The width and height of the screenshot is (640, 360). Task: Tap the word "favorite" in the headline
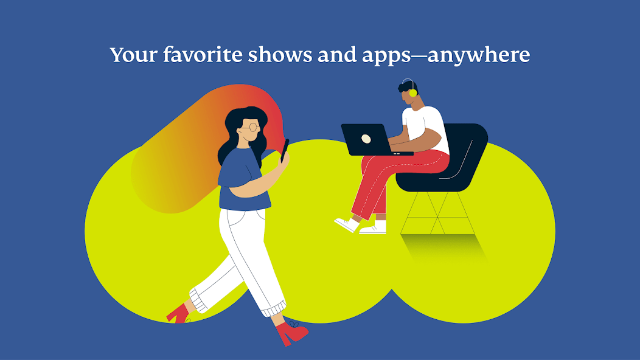coord(203,55)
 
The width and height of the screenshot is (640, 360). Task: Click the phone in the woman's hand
coord(284,150)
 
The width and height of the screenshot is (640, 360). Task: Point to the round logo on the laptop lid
coord(366,139)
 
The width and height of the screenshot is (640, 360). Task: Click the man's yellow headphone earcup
coord(413,92)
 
